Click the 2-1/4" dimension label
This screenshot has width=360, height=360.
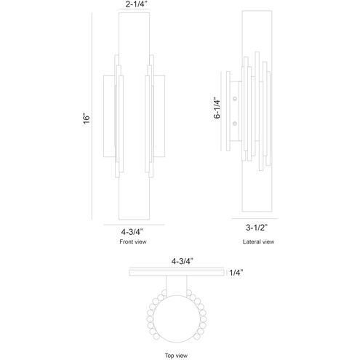coord(136,4)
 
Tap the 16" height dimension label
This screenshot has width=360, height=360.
coord(87,119)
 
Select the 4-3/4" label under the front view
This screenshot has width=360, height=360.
coord(132,232)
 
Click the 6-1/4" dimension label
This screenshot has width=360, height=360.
coord(217,108)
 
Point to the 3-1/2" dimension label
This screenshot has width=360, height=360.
coord(257,228)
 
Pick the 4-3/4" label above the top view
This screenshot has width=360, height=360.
coord(182,261)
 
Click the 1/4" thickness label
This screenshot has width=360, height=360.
coord(236,273)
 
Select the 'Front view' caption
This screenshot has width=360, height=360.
coord(133,241)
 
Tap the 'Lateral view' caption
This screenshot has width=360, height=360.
coord(258,241)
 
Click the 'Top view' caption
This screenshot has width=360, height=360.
coord(176,356)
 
